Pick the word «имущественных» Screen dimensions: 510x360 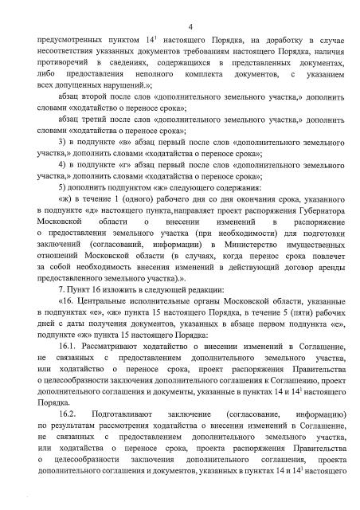[x=318, y=267]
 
